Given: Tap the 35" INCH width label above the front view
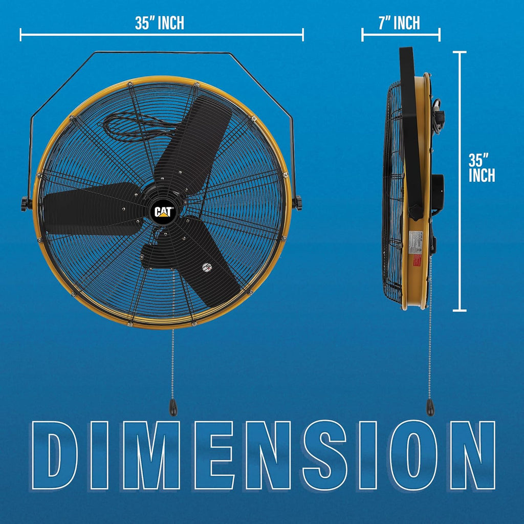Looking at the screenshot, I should [x=160, y=23].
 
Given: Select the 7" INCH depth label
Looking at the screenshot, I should [x=400, y=23].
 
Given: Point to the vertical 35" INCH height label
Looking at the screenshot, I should [x=482, y=167].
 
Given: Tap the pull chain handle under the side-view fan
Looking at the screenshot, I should [x=430, y=407].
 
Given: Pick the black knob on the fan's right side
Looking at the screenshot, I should [x=297, y=203].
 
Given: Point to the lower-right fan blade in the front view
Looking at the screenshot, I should [x=207, y=261].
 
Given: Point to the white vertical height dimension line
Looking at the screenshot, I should [x=460, y=182].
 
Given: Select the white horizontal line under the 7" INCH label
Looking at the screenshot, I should [x=401, y=35].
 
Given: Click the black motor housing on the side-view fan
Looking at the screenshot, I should [x=437, y=192].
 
